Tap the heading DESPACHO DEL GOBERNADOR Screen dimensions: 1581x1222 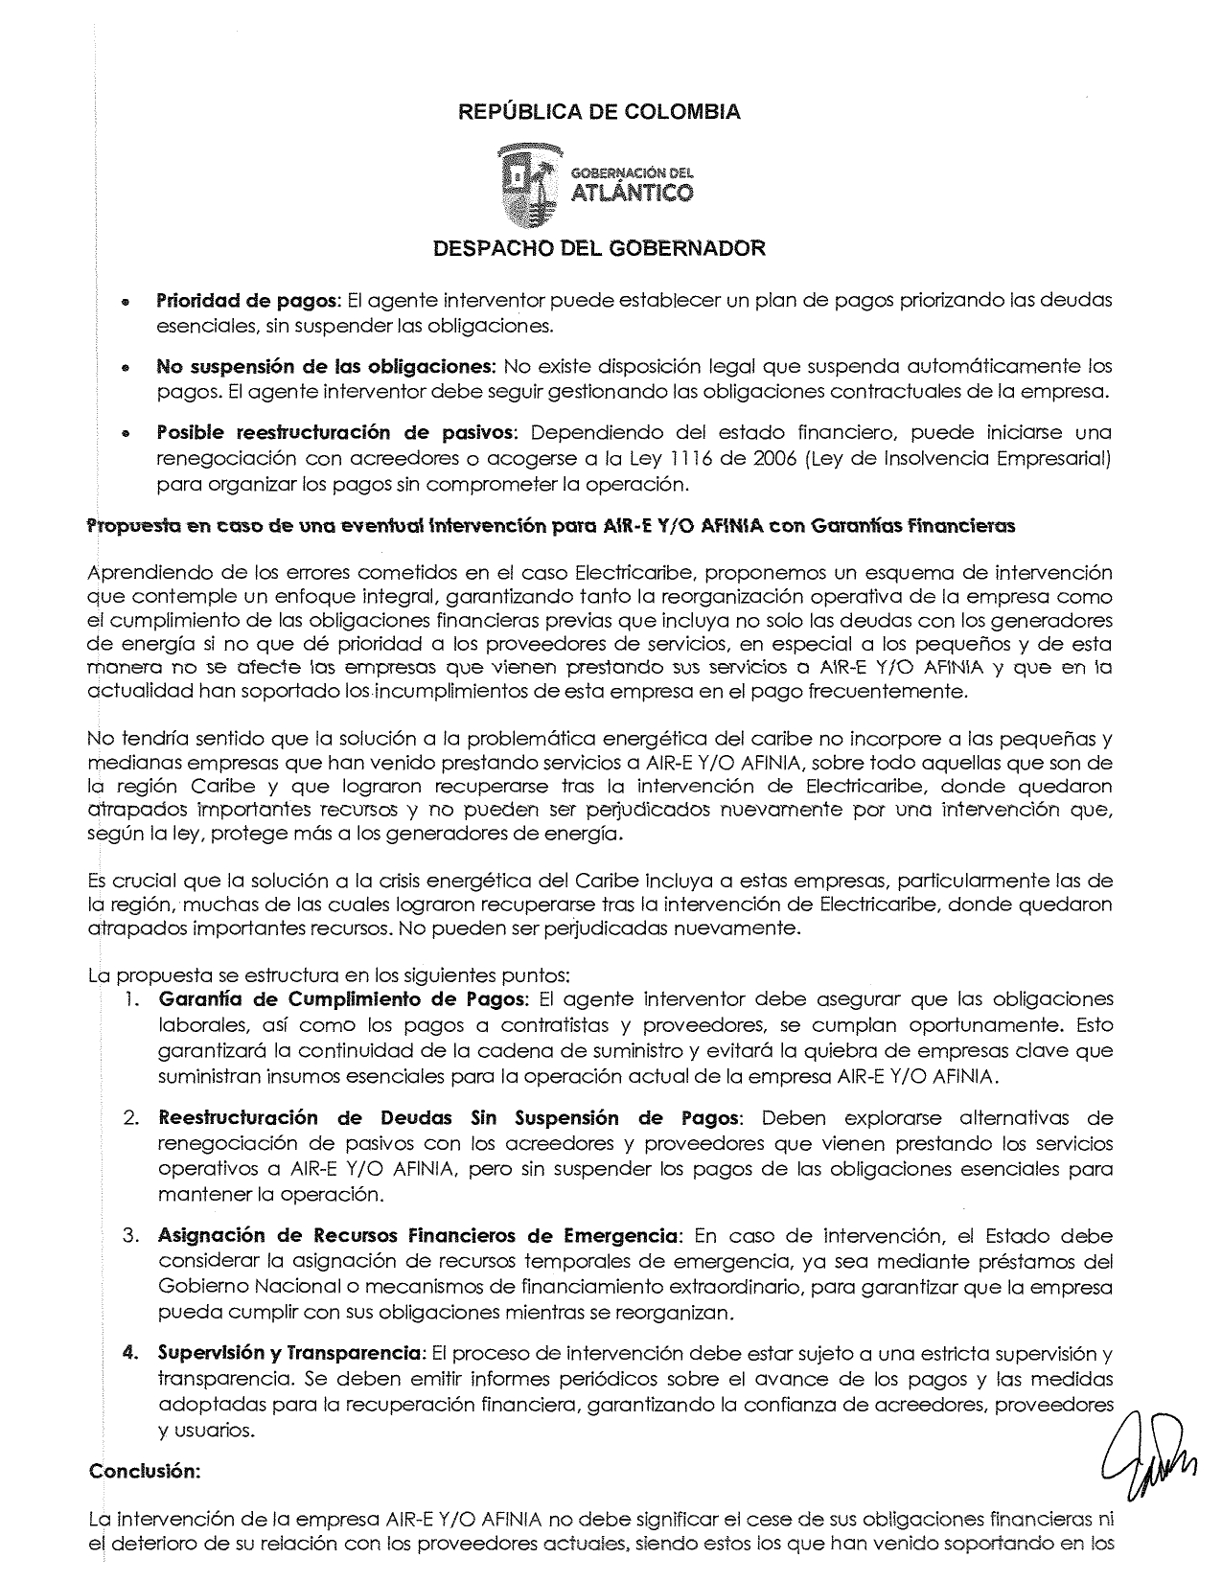pos(600,249)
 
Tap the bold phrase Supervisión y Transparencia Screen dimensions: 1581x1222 pos(291,1353)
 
